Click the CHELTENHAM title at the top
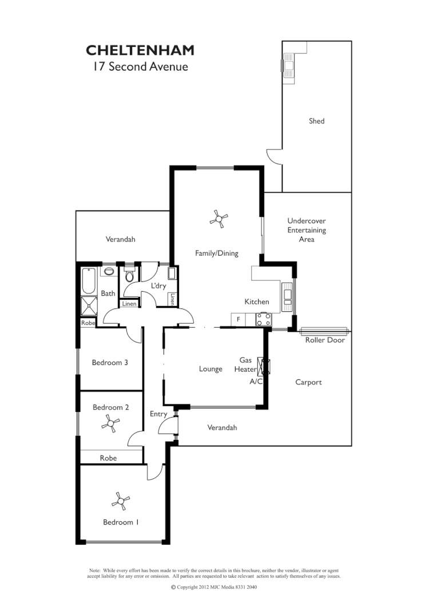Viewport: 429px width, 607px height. point(140,50)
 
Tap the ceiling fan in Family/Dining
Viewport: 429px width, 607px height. point(219,218)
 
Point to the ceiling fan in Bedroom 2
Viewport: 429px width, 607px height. point(110,423)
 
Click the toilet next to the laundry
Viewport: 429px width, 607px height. point(130,275)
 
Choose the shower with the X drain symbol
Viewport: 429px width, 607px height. point(89,306)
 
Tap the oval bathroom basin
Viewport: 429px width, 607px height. point(108,271)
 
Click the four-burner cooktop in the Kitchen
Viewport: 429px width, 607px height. point(264,319)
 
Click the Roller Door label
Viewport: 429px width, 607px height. point(325,340)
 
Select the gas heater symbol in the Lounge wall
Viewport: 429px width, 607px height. point(264,365)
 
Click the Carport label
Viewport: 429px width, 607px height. point(308,382)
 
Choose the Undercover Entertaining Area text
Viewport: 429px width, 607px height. point(307,230)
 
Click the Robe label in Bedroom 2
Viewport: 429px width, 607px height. point(108,458)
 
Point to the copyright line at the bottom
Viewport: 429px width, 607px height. point(214,587)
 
